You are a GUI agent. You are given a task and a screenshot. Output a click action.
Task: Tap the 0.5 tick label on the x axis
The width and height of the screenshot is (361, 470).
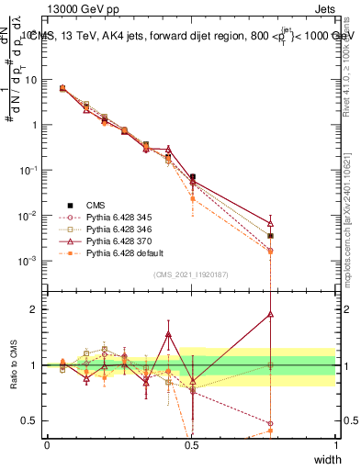pos(191,444)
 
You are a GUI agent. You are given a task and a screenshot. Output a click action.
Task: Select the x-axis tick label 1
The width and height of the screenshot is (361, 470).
pos(335,444)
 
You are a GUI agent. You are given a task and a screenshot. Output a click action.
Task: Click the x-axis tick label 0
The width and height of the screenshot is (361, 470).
pos(47,444)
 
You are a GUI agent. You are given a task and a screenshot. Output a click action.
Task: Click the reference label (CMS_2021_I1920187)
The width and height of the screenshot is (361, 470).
pos(191,274)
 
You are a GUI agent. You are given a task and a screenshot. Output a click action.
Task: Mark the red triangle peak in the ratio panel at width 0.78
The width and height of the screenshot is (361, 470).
pos(270,313)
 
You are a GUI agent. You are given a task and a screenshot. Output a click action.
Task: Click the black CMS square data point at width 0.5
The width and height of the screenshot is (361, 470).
pos(192,177)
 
